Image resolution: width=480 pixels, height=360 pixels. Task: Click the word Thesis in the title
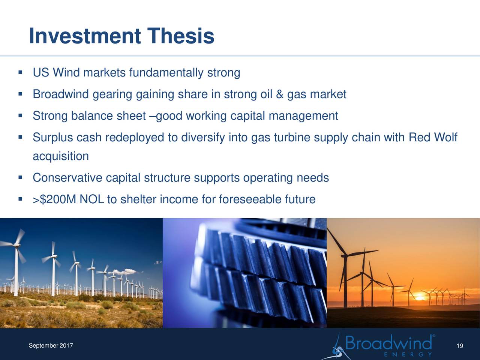(180, 36)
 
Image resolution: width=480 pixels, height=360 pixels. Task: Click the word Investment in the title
(85, 36)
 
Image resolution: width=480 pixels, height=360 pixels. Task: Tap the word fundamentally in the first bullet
(166, 73)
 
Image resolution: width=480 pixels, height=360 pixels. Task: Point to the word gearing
(112, 95)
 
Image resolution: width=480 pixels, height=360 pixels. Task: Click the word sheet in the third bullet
(131, 116)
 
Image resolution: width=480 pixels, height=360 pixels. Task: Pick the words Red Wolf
(433, 137)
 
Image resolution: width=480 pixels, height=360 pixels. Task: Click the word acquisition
(61, 156)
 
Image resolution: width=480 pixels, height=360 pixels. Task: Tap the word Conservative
(67, 178)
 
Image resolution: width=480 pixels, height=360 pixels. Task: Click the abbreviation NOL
(91, 199)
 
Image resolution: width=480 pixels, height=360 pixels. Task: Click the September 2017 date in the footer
(51, 346)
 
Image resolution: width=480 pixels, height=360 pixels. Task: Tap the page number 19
(460, 346)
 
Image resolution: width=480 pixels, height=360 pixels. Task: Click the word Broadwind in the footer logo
(388, 342)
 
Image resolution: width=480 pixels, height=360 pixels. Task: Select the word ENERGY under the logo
(408, 354)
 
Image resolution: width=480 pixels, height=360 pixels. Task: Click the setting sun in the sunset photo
(419, 298)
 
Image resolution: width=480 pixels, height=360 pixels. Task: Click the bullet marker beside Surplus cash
(21, 137)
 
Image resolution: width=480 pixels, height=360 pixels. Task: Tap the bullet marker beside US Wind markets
(21, 72)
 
